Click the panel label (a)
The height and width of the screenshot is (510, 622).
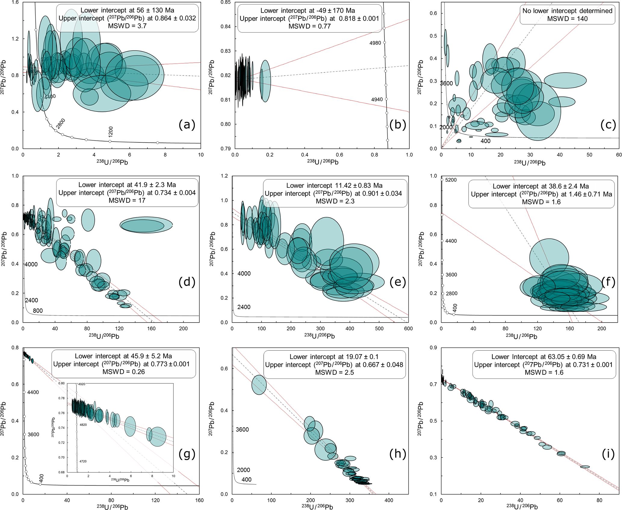click(187, 124)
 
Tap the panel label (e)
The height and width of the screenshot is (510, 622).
click(398, 282)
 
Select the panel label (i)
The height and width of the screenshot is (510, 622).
click(608, 454)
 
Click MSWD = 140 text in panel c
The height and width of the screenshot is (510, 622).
click(567, 19)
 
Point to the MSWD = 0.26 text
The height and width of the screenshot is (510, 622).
click(124, 372)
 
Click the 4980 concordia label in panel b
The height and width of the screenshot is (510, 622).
click(375, 43)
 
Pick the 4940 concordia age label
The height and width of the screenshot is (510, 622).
click(377, 99)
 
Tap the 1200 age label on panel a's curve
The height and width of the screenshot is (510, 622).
click(111, 132)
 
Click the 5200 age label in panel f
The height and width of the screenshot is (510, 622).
click(451, 180)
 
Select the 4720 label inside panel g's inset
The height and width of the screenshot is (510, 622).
click(83, 461)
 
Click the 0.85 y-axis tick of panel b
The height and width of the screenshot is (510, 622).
click(226, 2)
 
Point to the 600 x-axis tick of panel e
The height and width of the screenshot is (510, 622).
click(408, 328)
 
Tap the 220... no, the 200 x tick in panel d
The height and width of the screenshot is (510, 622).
click(183, 328)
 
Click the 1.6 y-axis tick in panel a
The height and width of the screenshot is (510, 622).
click(15, 2)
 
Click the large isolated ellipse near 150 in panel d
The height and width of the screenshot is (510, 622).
click(146, 225)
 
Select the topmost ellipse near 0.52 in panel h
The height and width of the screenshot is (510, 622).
click(259, 385)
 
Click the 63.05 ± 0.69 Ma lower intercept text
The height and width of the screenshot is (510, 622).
click(544, 357)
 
